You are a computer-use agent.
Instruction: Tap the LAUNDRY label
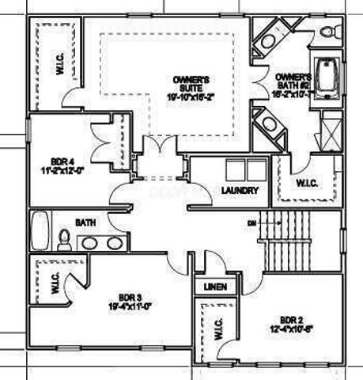click(x=237, y=190)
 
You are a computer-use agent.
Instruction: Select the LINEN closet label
click(x=213, y=286)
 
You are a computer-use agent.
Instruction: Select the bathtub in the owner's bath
click(x=324, y=79)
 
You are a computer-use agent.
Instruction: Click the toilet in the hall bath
click(x=64, y=240)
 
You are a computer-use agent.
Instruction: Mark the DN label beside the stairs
click(x=252, y=222)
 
